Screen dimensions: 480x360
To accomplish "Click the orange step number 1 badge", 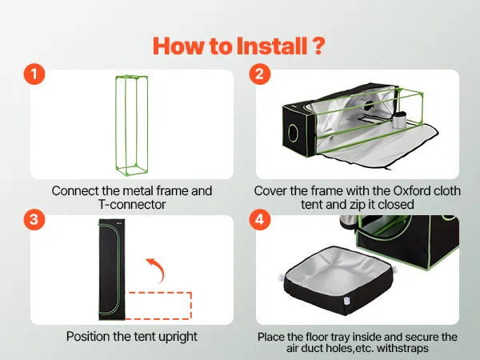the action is coord(34,74).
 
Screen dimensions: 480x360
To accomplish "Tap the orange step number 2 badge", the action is coord(259,74).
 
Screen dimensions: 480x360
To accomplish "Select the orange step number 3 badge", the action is coord(34,219).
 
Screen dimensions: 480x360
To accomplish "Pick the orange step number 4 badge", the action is coord(259,219).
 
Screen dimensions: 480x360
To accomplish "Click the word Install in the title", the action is coord(272,46).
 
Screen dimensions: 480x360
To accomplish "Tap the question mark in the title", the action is coord(318,46).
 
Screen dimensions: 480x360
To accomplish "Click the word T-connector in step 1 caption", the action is coord(132,205).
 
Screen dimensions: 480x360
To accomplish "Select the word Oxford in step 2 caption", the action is coord(412,190).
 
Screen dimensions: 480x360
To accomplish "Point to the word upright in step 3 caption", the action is coord(178,337).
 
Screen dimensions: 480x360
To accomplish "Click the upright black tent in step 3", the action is coord(111,270).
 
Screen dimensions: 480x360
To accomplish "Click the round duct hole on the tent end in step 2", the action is coord(294,133).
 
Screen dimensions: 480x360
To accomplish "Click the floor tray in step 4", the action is coord(338,280).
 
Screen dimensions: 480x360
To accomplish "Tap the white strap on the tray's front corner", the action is coord(346,301).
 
